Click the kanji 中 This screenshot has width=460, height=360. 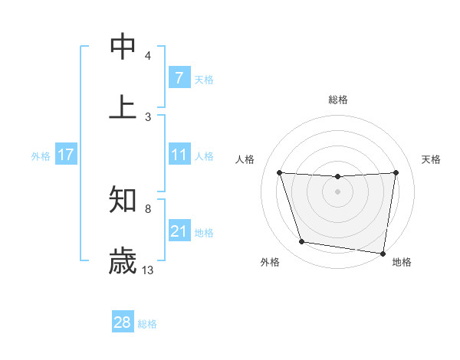pyautogui.click(x=123, y=47)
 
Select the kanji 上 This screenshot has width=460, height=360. pyautogui.click(x=123, y=106)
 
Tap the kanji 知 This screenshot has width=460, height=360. pyautogui.click(x=123, y=201)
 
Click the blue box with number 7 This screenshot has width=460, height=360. pyautogui.click(x=179, y=78)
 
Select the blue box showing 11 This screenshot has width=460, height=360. pyautogui.click(x=179, y=155)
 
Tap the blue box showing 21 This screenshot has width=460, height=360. pyautogui.click(x=179, y=231)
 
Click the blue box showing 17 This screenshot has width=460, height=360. pyautogui.click(x=65, y=155)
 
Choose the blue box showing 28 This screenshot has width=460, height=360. pyautogui.click(x=123, y=322)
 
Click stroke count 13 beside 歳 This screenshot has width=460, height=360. pyautogui.click(x=148, y=270)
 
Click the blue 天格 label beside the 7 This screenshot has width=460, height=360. pyautogui.click(x=204, y=79)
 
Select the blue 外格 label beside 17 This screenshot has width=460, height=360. pyautogui.click(x=41, y=155)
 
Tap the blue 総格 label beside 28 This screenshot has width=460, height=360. pyautogui.click(x=147, y=323)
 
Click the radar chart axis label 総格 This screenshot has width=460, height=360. pyautogui.click(x=338, y=100)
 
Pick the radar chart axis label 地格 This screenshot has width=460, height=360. pyautogui.click(x=402, y=262)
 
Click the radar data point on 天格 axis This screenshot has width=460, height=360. pyautogui.click(x=396, y=172)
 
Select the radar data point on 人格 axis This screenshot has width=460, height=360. pyautogui.click(x=279, y=172)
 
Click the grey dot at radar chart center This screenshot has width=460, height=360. pyautogui.click(x=338, y=191)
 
